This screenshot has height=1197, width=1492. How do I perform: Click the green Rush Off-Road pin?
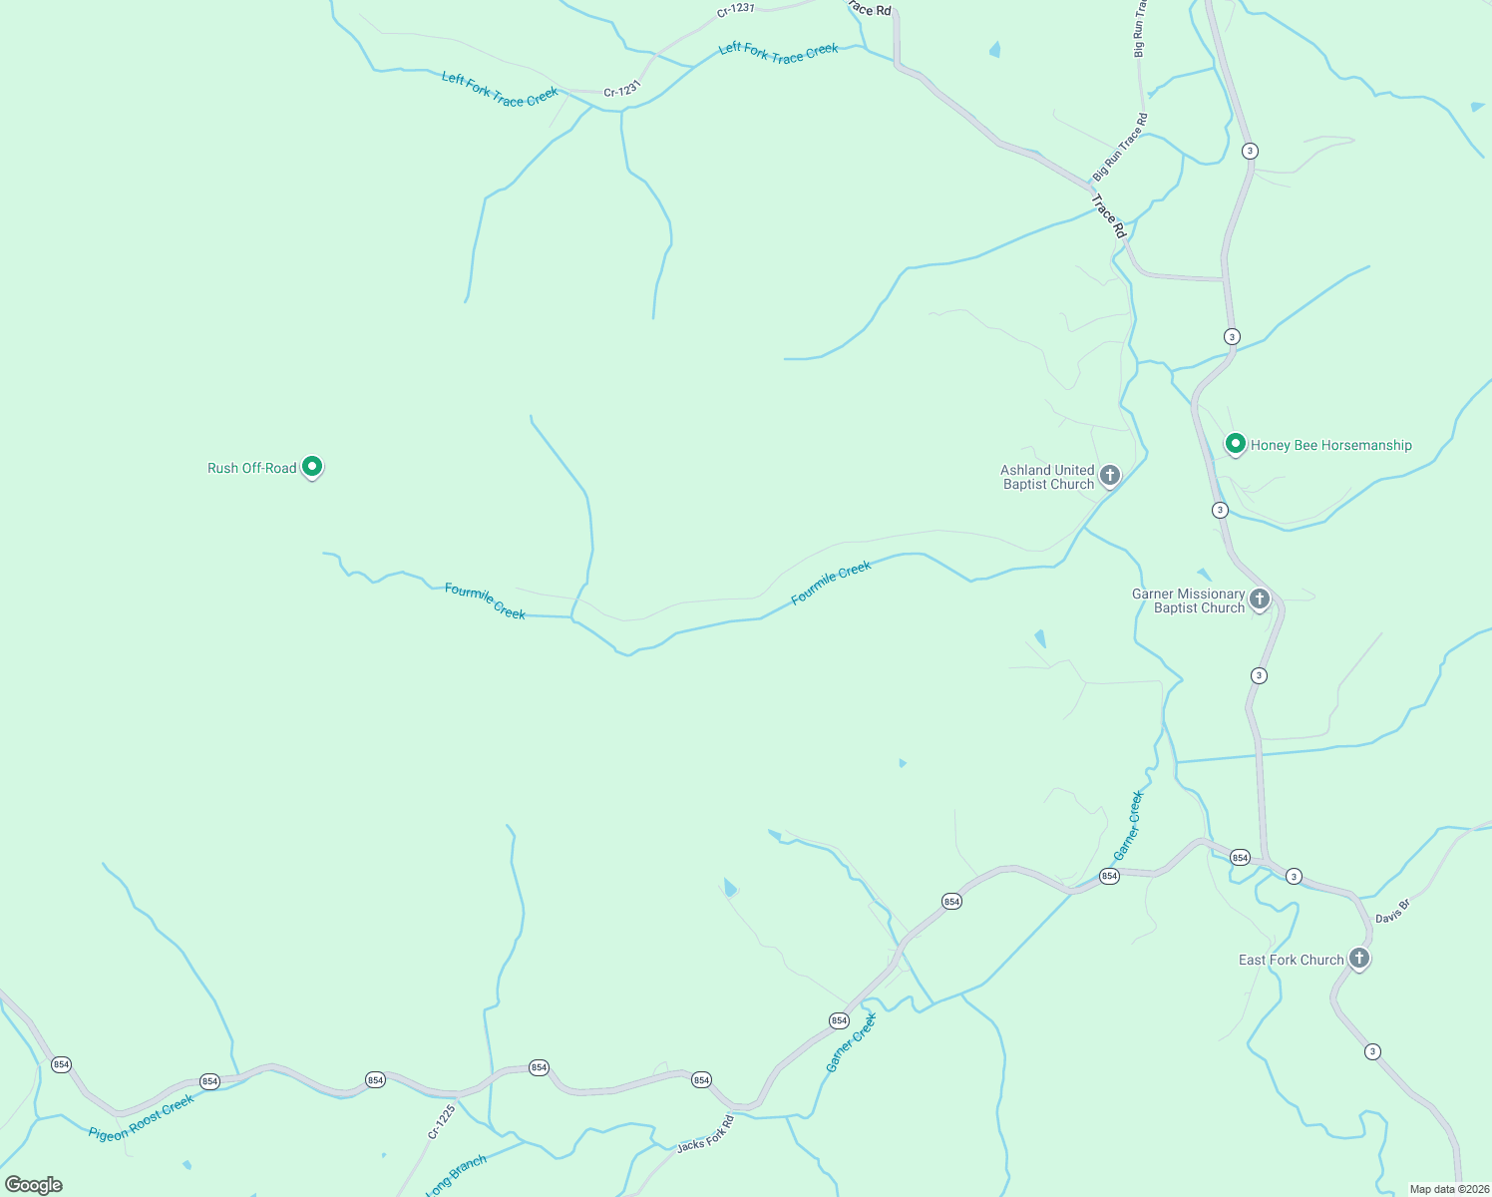312,466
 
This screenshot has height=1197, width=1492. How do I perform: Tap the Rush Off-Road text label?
251,468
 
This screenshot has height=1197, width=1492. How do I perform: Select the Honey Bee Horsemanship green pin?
1236,443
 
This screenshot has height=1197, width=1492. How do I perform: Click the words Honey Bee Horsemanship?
1330,446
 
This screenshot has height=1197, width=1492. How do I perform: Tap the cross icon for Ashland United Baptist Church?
1110,476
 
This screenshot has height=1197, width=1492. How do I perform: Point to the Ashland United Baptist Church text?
1047,477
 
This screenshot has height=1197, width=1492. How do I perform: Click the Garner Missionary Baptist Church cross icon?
1260,599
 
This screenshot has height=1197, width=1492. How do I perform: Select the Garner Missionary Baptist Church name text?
1189,600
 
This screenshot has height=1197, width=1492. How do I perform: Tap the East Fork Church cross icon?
1358,958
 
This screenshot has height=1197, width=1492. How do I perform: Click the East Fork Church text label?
1291,960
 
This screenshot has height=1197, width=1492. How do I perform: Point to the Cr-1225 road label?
441,1121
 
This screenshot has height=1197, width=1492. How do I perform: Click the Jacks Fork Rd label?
705,1134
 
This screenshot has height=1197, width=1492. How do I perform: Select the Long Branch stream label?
456,1175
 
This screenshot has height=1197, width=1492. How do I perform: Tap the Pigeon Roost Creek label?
141,1118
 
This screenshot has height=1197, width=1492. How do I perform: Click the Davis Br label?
1392,912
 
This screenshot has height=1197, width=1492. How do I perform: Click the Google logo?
34,1185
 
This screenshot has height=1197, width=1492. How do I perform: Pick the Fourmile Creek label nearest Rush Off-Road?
485,601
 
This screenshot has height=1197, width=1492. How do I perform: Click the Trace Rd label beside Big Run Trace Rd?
1108,215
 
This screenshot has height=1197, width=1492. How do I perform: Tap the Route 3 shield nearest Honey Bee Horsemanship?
1220,510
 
